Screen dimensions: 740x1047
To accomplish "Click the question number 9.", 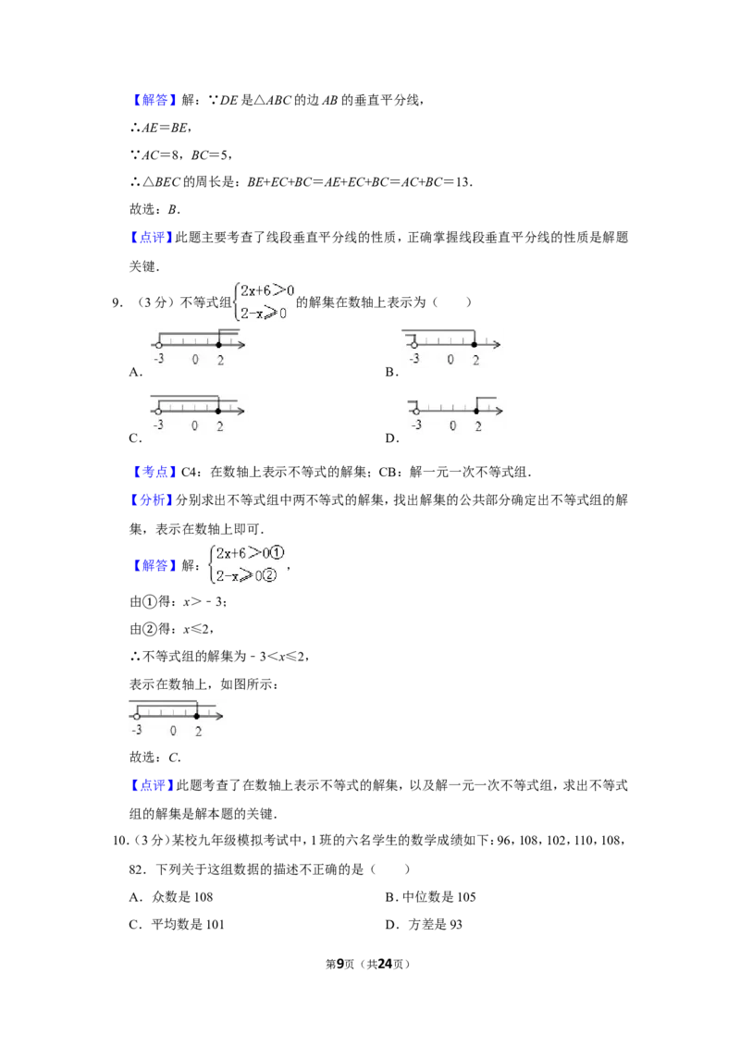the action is point(117,302).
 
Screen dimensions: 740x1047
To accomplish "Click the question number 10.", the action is point(120,841).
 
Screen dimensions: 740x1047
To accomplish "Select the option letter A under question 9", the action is point(136,373).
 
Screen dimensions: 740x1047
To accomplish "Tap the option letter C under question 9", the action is point(136,438).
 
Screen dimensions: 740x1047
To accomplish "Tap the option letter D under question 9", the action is point(392,438).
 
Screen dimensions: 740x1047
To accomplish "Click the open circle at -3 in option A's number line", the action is point(158,345).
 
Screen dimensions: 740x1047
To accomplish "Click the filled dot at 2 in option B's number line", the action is point(475,345).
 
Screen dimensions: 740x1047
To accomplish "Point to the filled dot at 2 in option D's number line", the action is point(476,411).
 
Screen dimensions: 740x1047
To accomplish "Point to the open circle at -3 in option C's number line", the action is point(157,411).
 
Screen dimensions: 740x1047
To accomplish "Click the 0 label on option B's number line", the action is point(450,360).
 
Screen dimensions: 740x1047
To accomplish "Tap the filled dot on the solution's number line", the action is point(196,716).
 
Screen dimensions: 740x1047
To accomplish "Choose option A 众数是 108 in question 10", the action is point(171,897).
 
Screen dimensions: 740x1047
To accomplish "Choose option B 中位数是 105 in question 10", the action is point(431,897).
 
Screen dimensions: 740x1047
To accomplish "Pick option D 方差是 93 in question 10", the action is point(424,925).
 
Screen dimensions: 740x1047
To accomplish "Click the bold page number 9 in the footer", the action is point(340,964).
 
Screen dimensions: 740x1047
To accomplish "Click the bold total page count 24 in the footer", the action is point(385,964).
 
